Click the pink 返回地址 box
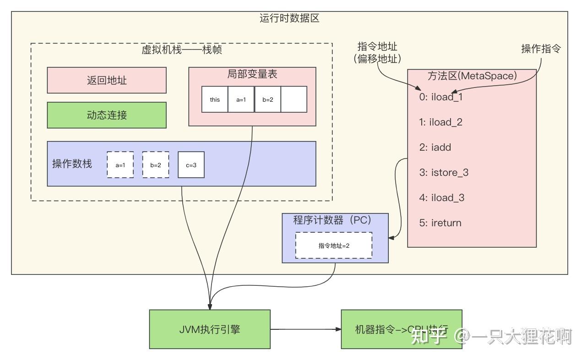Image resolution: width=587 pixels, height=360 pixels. (107, 80)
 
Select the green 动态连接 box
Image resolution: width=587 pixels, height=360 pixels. (107, 115)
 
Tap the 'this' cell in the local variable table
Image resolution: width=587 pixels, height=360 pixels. (215, 99)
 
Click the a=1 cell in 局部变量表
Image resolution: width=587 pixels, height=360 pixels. (241, 99)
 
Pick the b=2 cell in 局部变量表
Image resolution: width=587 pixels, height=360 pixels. (267, 99)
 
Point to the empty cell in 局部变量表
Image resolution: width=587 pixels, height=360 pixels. (293, 99)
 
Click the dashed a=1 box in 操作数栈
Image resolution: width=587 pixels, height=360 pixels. (120, 164)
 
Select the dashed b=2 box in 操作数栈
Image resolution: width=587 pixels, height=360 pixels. (156, 164)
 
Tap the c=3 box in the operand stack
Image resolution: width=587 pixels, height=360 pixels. (191, 164)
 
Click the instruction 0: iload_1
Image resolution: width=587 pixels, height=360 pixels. (440, 97)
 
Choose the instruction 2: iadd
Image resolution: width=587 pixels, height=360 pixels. (435, 147)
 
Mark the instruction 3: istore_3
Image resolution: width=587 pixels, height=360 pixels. (444, 173)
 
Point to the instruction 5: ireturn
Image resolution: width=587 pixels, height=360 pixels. (440, 223)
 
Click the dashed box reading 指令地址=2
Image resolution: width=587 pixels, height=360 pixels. (334, 245)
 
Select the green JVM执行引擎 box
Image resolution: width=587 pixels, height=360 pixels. (210, 329)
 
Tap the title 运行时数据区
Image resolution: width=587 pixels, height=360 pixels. (289, 19)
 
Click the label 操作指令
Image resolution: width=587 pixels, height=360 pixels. (541, 49)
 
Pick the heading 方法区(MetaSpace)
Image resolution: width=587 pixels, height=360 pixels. (472, 76)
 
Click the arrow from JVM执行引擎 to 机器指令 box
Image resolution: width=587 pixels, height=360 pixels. (305, 329)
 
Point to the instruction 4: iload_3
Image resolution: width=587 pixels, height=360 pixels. (441, 198)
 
